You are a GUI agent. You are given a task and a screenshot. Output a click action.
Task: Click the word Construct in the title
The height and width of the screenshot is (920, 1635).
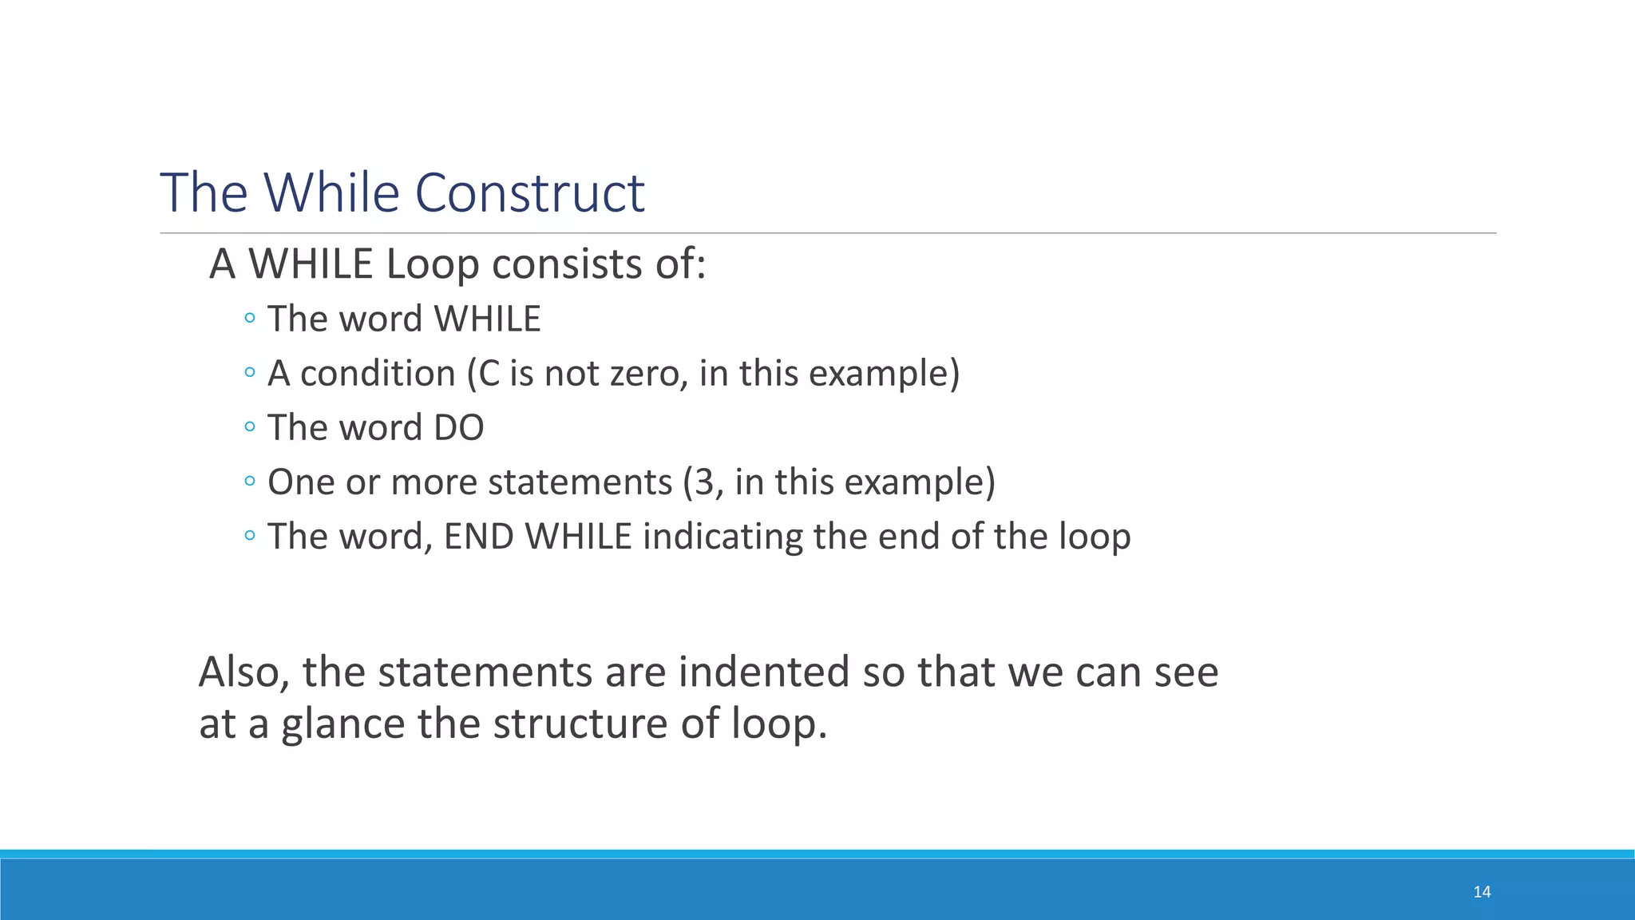(x=529, y=193)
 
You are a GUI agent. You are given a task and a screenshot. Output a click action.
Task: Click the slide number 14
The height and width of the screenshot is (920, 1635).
(x=1482, y=892)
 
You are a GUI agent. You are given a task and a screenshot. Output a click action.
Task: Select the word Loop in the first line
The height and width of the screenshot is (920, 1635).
(x=432, y=264)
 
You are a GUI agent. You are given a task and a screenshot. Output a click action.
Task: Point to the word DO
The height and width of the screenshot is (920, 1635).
(x=458, y=428)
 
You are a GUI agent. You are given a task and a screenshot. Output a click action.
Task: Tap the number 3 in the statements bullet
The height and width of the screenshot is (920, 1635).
(x=703, y=482)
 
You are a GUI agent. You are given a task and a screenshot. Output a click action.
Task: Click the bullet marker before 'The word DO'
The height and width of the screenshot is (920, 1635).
(x=250, y=427)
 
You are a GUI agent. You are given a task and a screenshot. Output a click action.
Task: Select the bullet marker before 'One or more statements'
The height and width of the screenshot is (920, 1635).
(x=250, y=482)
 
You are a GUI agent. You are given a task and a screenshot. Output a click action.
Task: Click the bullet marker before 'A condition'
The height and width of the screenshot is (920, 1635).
(x=250, y=373)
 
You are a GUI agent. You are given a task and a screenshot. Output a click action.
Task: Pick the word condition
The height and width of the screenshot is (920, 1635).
(x=378, y=374)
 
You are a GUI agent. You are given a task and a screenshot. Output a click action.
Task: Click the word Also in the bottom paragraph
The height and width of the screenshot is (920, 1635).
(x=243, y=672)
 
